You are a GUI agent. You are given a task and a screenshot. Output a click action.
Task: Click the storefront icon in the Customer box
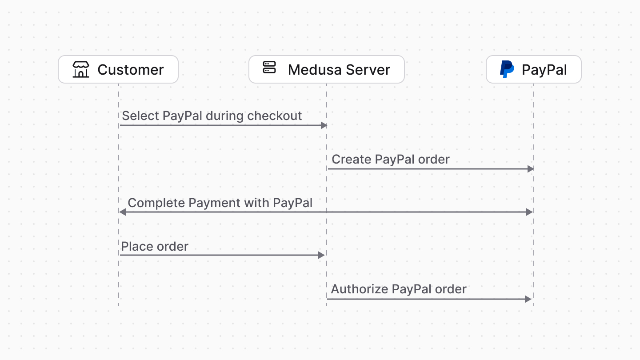[x=81, y=69]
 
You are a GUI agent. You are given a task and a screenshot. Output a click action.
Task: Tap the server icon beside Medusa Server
[x=269, y=68]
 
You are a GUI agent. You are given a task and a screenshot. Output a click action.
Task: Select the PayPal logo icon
[x=507, y=69]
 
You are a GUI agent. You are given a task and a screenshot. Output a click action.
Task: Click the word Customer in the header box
[x=131, y=70]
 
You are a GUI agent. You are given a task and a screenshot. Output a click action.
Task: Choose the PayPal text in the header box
[x=544, y=70]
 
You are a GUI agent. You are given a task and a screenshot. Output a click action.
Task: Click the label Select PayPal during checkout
[x=212, y=116]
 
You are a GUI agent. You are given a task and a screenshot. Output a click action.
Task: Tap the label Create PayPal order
[x=391, y=160]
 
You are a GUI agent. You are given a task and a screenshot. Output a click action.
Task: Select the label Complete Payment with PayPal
[x=220, y=203]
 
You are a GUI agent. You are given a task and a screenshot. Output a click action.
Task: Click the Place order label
[x=155, y=247]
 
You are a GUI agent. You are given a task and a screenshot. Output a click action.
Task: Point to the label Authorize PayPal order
[x=399, y=289]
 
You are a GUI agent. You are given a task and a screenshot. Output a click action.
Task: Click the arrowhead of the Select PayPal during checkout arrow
[x=324, y=125]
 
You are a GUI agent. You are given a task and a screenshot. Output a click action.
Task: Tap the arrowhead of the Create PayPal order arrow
[x=530, y=169]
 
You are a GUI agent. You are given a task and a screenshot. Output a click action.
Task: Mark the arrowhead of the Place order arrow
[x=322, y=255]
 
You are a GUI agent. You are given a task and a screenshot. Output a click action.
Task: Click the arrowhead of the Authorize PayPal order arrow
[x=528, y=299]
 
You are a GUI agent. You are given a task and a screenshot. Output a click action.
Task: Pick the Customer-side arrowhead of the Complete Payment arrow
[x=123, y=212]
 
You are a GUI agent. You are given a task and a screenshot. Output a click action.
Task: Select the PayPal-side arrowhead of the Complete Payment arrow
[x=529, y=212]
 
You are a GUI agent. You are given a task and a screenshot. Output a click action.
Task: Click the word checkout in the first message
[x=274, y=116]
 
